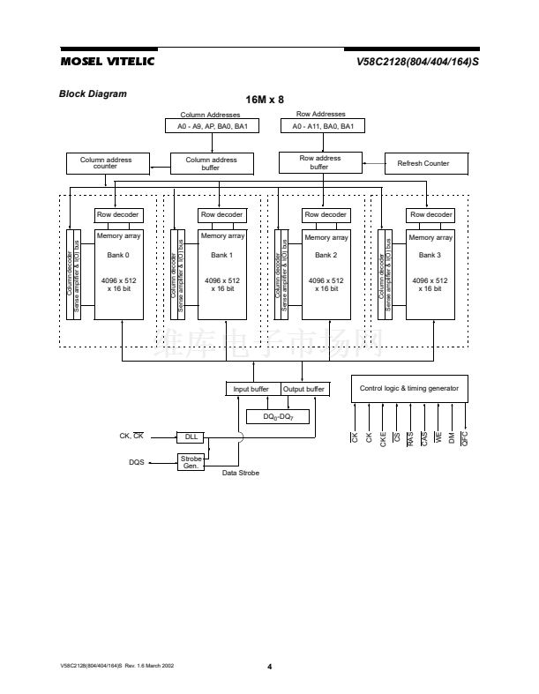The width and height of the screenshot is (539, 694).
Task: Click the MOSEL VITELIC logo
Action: [x=107, y=61]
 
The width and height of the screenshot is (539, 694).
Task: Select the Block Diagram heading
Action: [x=93, y=93]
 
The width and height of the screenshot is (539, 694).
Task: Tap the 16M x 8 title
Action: [x=265, y=100]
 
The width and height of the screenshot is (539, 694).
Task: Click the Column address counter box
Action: [x=106, y=163]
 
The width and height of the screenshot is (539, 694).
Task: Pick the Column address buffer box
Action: [x=211, y=163]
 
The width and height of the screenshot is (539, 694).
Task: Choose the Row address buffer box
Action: [x=319, y=162]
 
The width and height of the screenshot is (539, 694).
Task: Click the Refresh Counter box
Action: [x=424, y=163]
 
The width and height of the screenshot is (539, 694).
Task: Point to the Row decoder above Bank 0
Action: [x=118, y=214]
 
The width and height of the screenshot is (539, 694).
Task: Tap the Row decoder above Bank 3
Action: [x=430, y=214]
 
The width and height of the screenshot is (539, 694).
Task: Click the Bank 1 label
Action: [x=222, y=255]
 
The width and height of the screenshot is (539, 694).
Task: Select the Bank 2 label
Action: [x=326, y=255]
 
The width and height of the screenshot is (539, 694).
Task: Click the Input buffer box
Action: [x=251, y=389]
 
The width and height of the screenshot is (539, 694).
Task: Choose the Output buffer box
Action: [x=304, y=389]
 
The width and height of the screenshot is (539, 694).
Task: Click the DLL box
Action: [x=191, y=437]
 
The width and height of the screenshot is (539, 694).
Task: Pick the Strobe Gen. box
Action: [x=191, y=461]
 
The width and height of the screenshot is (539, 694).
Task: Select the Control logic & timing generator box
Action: [x=408, y=389]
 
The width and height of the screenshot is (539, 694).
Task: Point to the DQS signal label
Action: [x=136, y=461]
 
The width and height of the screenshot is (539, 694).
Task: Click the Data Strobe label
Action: [x=241, y=474]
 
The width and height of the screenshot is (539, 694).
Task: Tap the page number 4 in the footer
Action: [x=269, y=666]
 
